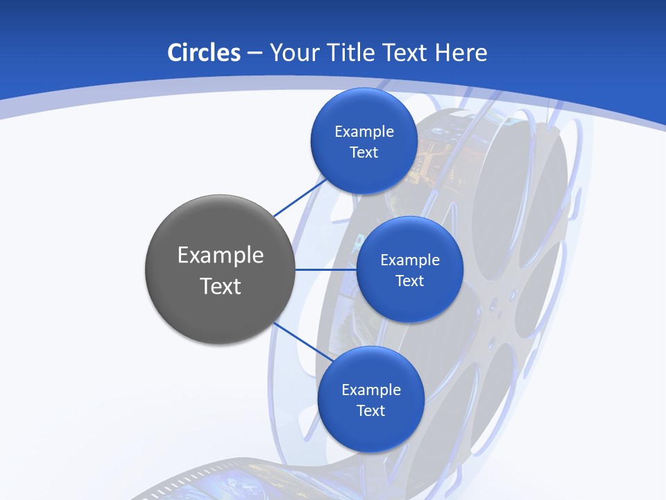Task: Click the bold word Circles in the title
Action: tap(204, 53)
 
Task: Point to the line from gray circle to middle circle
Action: tap(326, 269)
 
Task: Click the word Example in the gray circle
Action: tap(221, 256)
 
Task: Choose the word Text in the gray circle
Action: tap(221, 286)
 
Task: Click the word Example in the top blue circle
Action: tap(364, 132)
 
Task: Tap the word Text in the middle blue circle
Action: tap(409, 281)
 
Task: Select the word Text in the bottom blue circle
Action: tap(370, 410)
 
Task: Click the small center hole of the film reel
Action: tap(493, 303)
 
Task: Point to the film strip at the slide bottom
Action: tap(229, 483)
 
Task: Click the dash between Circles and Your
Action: tap(254, 53)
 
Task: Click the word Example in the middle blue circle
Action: tap(410, 260)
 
